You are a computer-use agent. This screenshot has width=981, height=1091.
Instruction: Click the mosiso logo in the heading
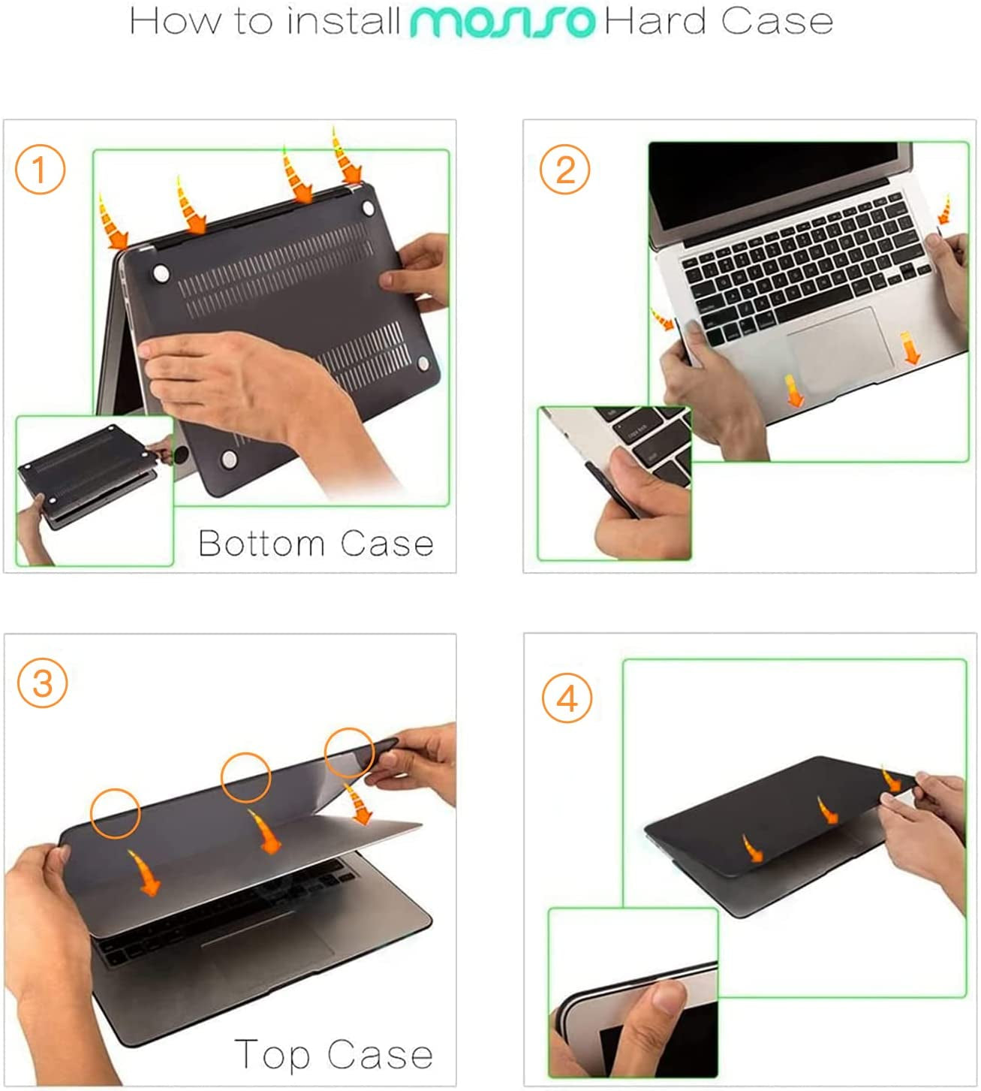501,22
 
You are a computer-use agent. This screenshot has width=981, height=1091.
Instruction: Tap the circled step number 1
40,170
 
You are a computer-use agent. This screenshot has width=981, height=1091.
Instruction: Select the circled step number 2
564,170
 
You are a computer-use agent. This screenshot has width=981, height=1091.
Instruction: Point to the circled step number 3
42,684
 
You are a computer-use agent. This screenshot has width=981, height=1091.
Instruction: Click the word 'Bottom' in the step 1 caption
261,543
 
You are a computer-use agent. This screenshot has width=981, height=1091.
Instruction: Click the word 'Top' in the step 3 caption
272,1054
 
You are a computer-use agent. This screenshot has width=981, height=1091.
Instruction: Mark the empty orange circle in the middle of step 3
245,776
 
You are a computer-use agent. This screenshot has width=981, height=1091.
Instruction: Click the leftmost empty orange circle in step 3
115,813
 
